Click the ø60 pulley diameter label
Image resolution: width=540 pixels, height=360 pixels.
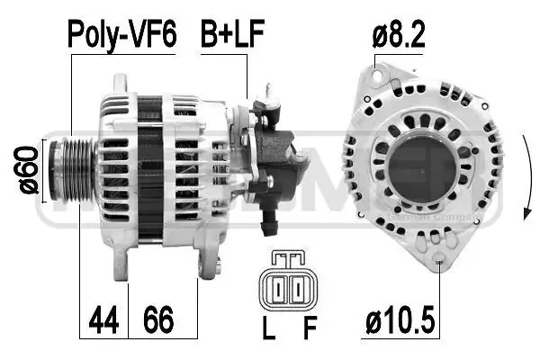[28, 168]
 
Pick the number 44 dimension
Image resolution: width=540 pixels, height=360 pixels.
[103, 319]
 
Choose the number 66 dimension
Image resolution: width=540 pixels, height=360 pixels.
[159, 319]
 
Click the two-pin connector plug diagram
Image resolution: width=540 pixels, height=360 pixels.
[288, 288]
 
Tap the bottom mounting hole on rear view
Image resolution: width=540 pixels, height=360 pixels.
[440, 264]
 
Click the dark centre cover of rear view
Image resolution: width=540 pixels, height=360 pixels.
[424, 171]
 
